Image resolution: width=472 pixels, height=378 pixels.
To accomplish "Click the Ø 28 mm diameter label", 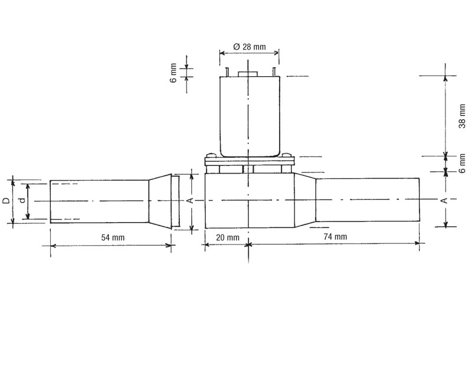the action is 250,47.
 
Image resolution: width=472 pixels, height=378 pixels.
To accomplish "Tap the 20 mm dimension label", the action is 228,237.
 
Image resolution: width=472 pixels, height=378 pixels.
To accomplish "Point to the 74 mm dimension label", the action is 335,237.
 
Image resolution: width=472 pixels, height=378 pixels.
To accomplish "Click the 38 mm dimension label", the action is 462,116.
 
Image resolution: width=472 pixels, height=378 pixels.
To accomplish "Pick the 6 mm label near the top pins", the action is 173,73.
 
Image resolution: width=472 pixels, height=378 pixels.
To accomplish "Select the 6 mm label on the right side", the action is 462,164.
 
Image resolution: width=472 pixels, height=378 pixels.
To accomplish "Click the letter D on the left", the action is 6,201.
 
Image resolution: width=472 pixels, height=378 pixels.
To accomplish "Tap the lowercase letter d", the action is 22,200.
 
